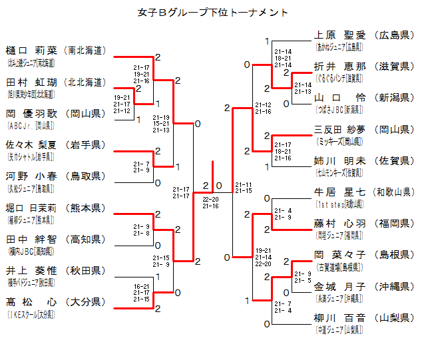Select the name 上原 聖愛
click(x=339, y=35)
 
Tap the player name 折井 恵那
click(x=339, y=67)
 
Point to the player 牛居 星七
click(x=339, y=192)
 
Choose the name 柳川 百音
click(x=339, y=318)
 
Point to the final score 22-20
click(x=211, y=198)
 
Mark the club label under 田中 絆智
click(x=31, y=250)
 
